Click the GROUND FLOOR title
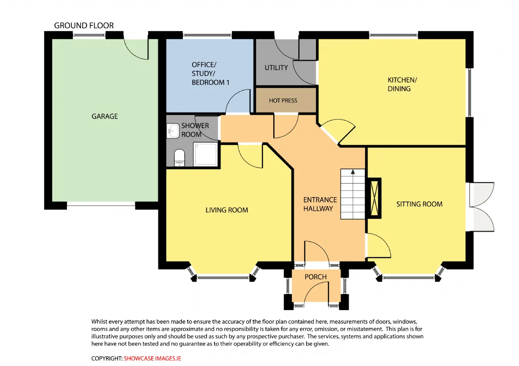coord(84,26)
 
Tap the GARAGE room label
coord(105,116)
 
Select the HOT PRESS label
coord(283,100)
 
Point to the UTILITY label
coord(276,68)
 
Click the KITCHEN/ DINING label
coord(402,84)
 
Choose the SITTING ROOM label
coord(419,204)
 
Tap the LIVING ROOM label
coord(227,210)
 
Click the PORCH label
coord(315,277)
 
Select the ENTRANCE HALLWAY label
coord(320,204)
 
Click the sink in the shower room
coord(173,131)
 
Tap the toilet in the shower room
coord(179,158)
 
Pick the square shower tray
coord(205,154)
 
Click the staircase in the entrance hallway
coord(353,194)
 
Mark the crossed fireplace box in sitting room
coord(374,198)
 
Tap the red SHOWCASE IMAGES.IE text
coord(152,358)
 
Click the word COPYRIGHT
coord(107,358)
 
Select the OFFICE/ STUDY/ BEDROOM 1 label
coord(210,74)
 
